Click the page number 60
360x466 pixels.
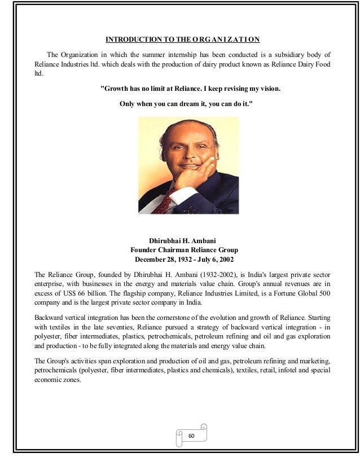191,436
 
